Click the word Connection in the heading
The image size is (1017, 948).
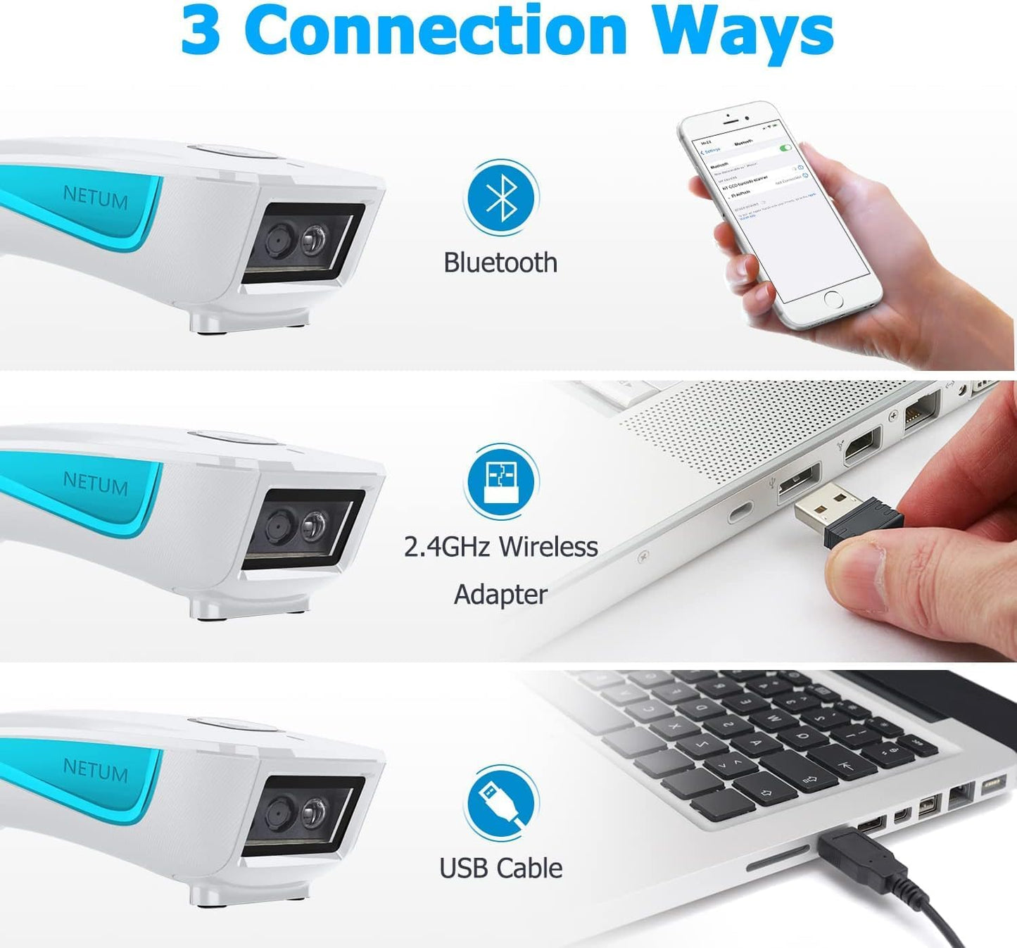point(436,31)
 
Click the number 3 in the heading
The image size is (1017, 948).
point(201,32)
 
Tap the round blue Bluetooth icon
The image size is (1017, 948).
point(501,198)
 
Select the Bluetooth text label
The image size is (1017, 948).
point(500,263)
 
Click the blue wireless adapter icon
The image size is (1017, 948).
point(501,481)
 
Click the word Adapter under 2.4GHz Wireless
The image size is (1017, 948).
point(500,595)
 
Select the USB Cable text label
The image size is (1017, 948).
point(500,868)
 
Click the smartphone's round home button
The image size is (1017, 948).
point(833,299)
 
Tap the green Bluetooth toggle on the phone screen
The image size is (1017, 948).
point(786,147)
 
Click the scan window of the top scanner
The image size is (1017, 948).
point(303,243)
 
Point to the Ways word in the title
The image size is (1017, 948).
point(743,32)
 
